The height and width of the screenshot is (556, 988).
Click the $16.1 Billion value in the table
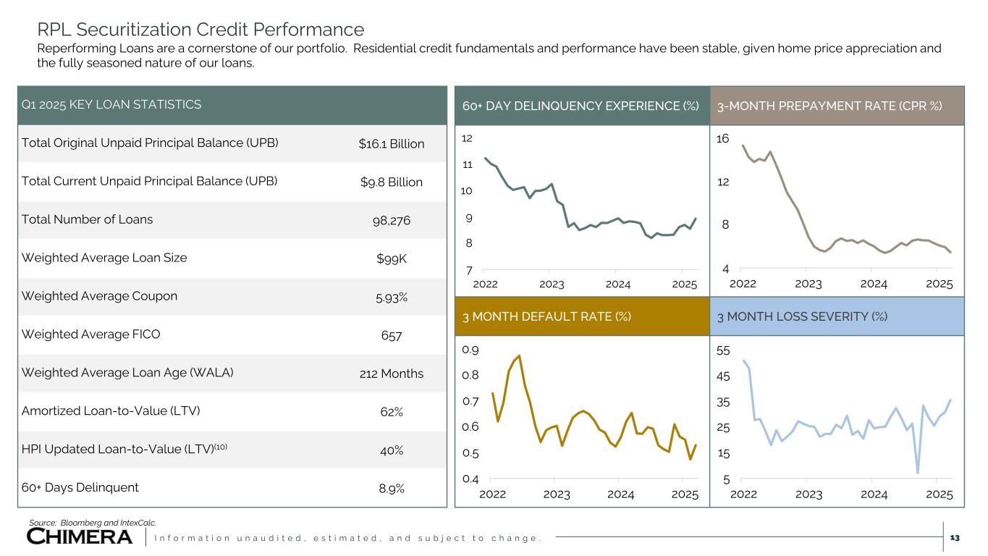(x=391, y=143)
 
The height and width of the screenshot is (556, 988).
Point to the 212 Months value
(x=391, y=374)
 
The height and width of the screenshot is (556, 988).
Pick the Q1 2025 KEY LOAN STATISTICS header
(x=111, y=105)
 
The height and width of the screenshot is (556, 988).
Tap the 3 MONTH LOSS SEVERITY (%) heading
(x=803, y=316)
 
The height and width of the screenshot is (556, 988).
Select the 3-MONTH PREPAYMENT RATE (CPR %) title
(x=829, y=106)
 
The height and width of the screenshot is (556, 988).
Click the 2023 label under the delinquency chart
(x=552, y=284)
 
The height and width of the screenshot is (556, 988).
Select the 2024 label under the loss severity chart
(x=874, y=494)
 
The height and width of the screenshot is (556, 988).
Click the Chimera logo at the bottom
(x=80, y=536)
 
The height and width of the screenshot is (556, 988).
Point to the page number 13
(x=954, y=537)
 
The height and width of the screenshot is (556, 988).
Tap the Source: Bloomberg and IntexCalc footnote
(x=92, y=522)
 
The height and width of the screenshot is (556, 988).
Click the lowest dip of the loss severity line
(x=918, y=473)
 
